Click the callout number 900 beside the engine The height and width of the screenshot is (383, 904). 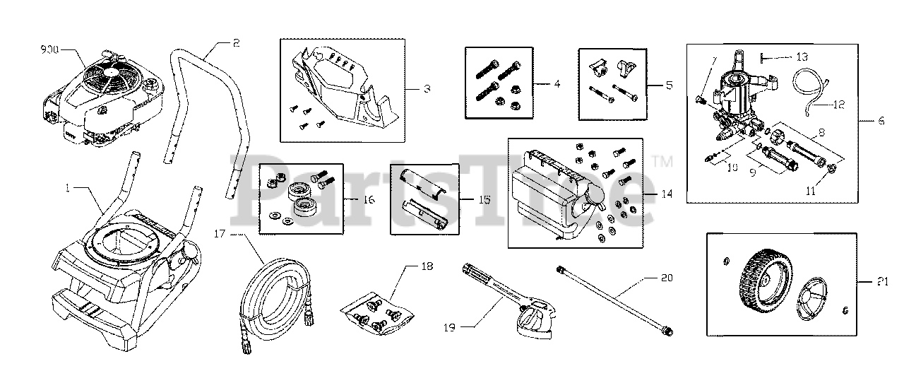(x=50, y=50)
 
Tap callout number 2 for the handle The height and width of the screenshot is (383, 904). (x=236, y=43)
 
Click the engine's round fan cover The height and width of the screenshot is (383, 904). (x=109, y=73)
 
